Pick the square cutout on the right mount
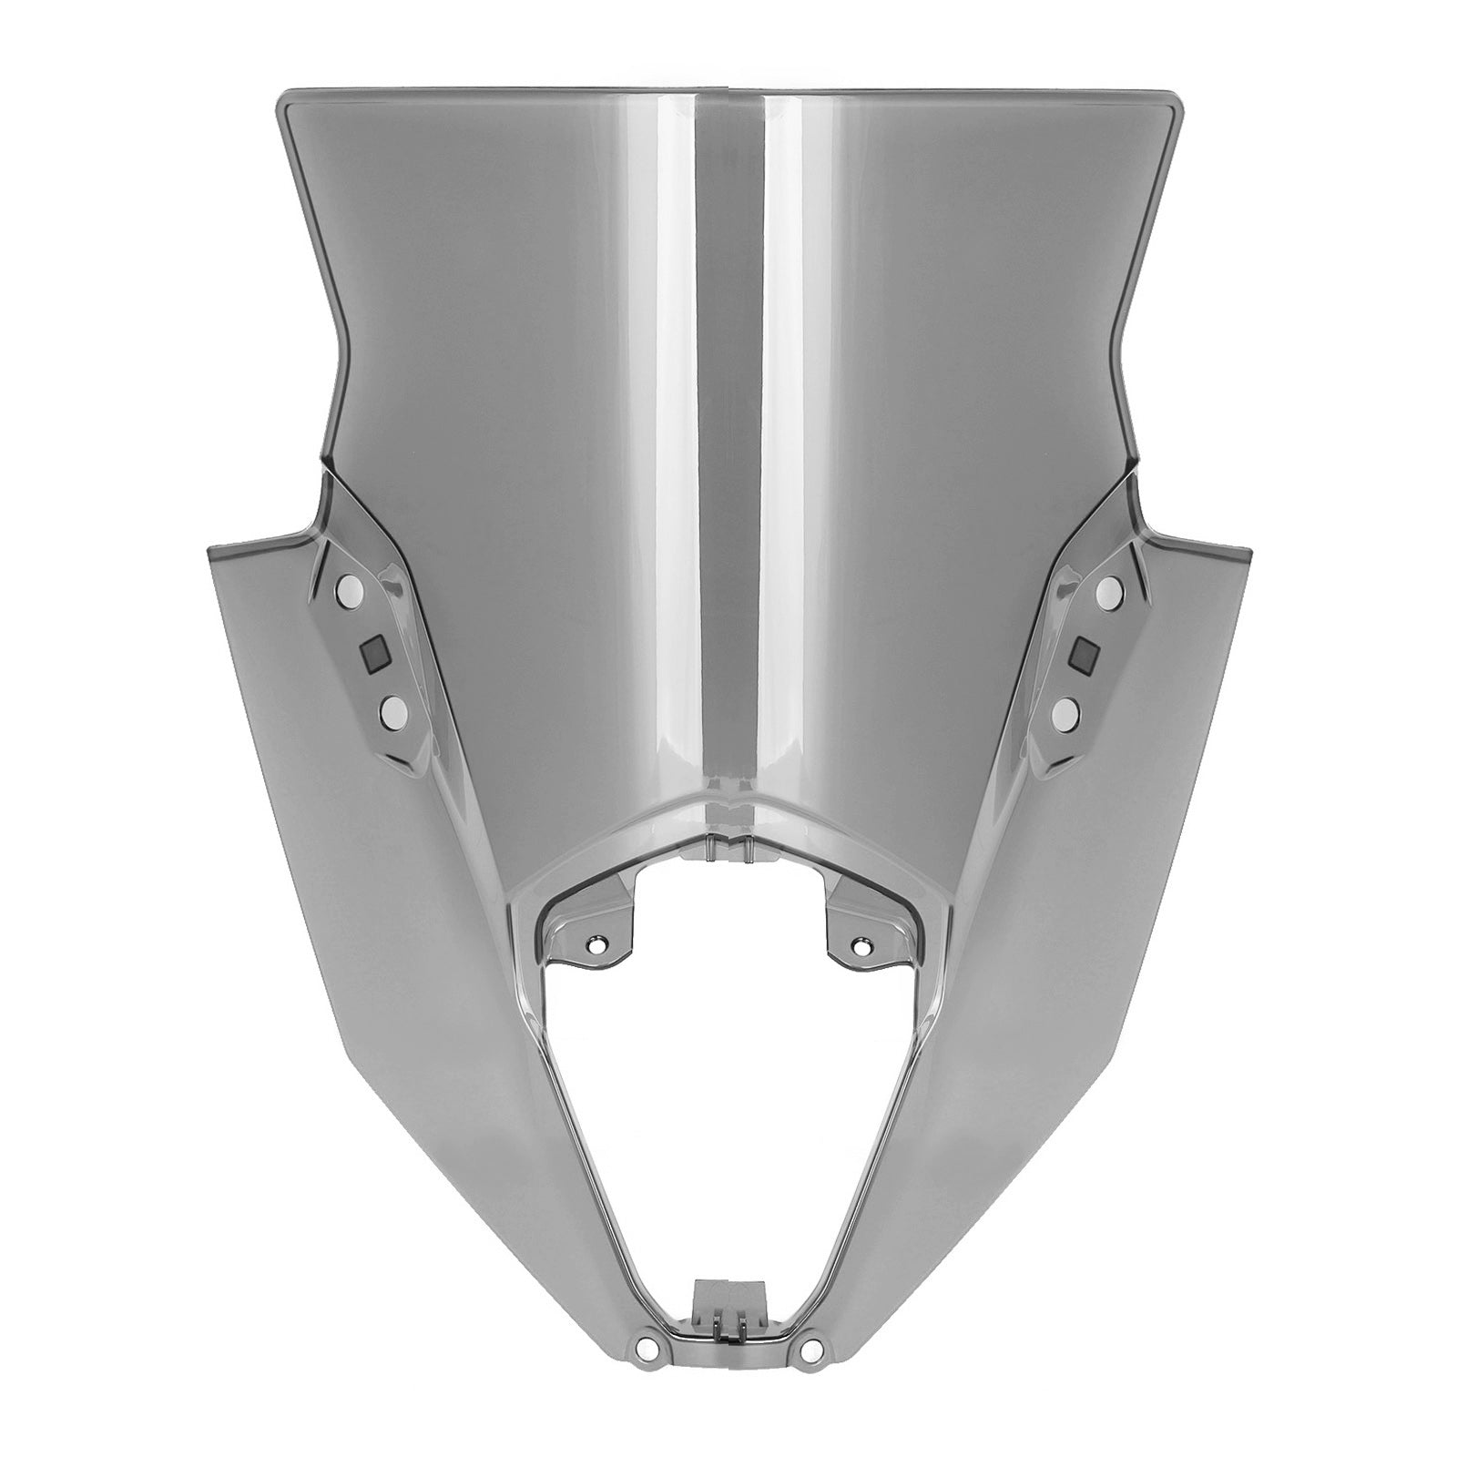[1086, 652]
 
